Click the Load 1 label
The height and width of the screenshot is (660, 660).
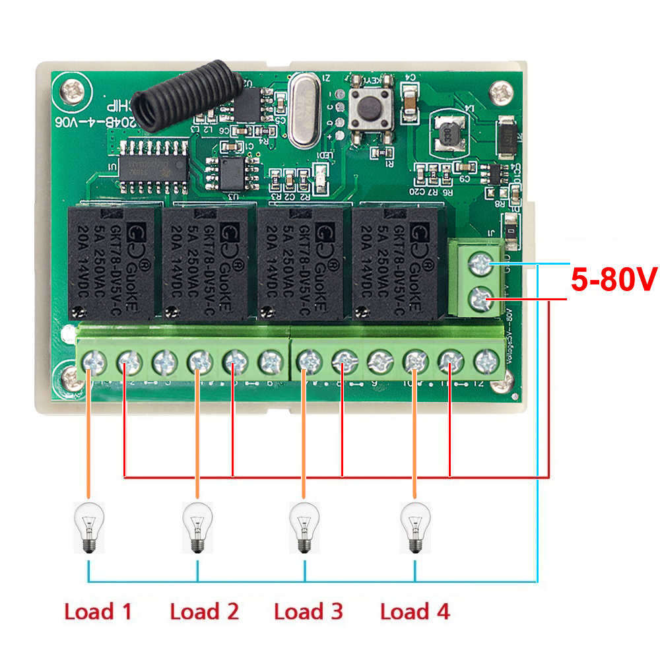[98, 611]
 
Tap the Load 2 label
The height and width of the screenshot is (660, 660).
[204, 611]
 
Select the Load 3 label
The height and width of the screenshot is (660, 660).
[308, 611]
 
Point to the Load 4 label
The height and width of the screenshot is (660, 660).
[414, 611]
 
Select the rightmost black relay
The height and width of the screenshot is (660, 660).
[398, 263]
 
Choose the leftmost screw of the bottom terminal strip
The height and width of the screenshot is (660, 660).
[93, 362]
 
